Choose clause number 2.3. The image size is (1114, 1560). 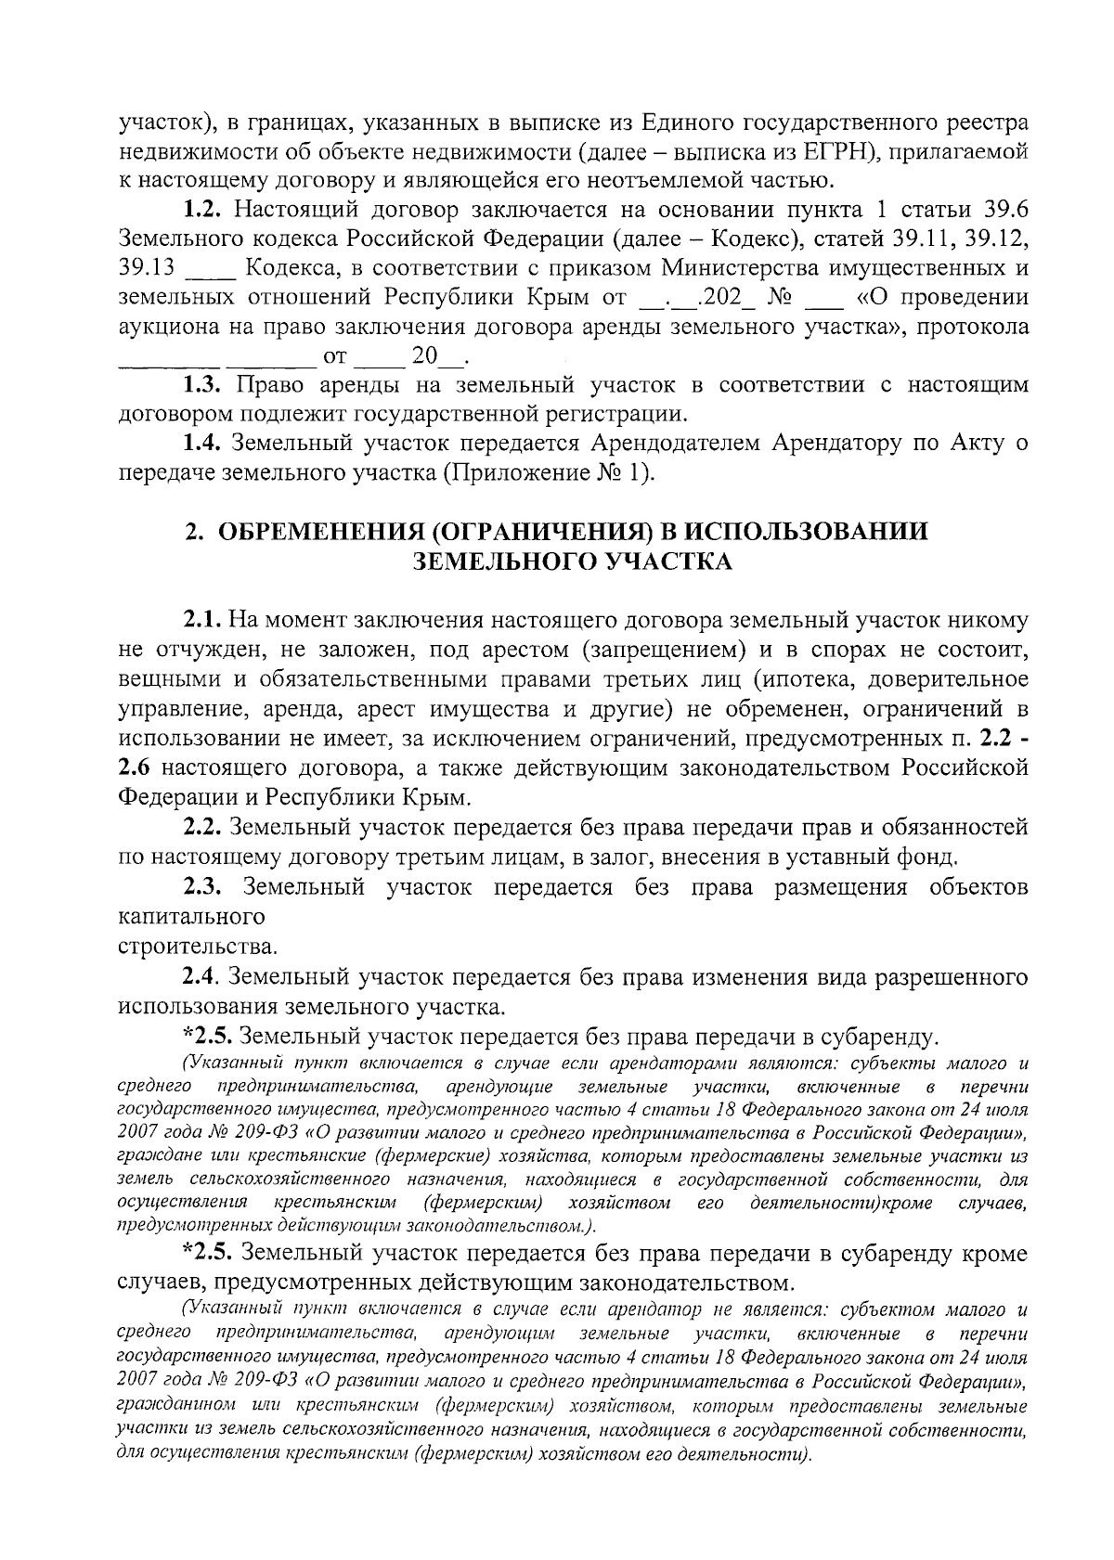(x=202, y=887)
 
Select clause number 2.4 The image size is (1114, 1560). (x=202, y=976)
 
